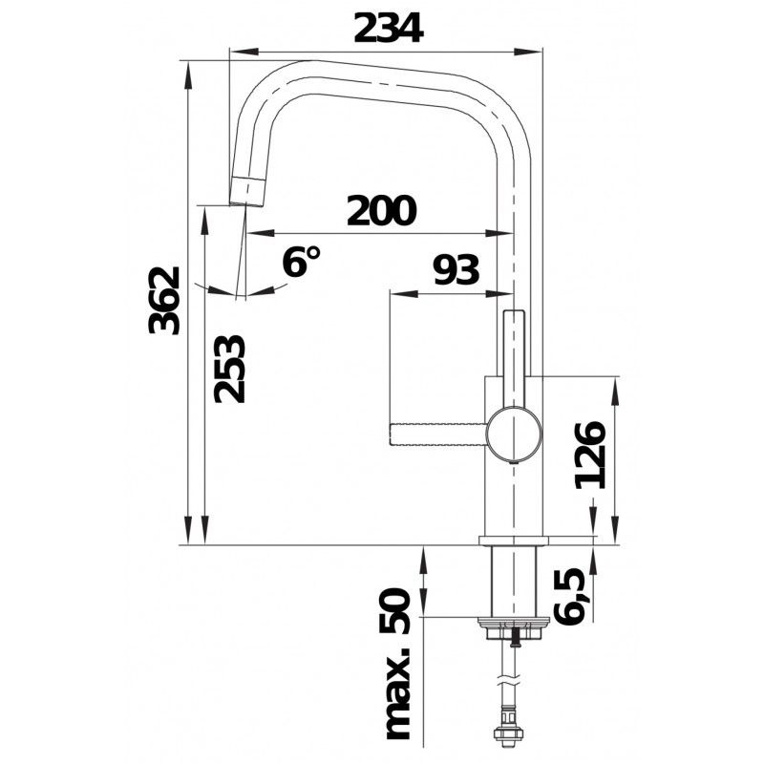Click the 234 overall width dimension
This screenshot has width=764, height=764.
(389, 29)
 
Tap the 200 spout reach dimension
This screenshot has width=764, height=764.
(381, 211)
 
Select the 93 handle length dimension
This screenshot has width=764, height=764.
(456, 269)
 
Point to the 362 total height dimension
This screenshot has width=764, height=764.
(164, 301)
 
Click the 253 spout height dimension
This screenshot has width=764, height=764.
(229, 369)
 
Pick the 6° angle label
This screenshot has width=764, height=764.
(301, 261)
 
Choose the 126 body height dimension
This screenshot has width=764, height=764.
(590, 456)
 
